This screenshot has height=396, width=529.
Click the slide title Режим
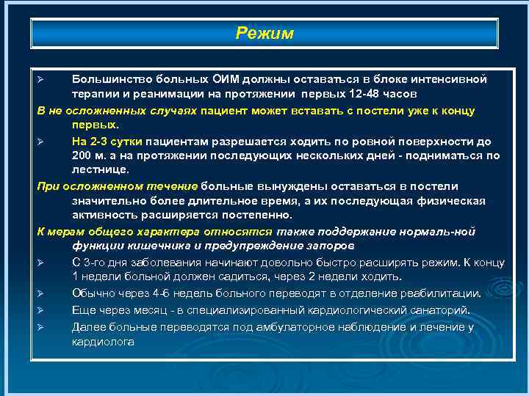pos(264,34)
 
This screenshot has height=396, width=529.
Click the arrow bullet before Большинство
pos(42,78)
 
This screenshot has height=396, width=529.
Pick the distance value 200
pos(82,155)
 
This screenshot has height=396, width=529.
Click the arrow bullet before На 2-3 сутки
pos(42,141)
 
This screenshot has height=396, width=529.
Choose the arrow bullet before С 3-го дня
pos(42,262)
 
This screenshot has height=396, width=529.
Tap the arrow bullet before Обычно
pos(42,293)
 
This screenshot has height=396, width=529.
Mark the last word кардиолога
pos(103,342)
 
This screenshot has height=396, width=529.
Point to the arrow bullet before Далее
pos(42,326)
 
